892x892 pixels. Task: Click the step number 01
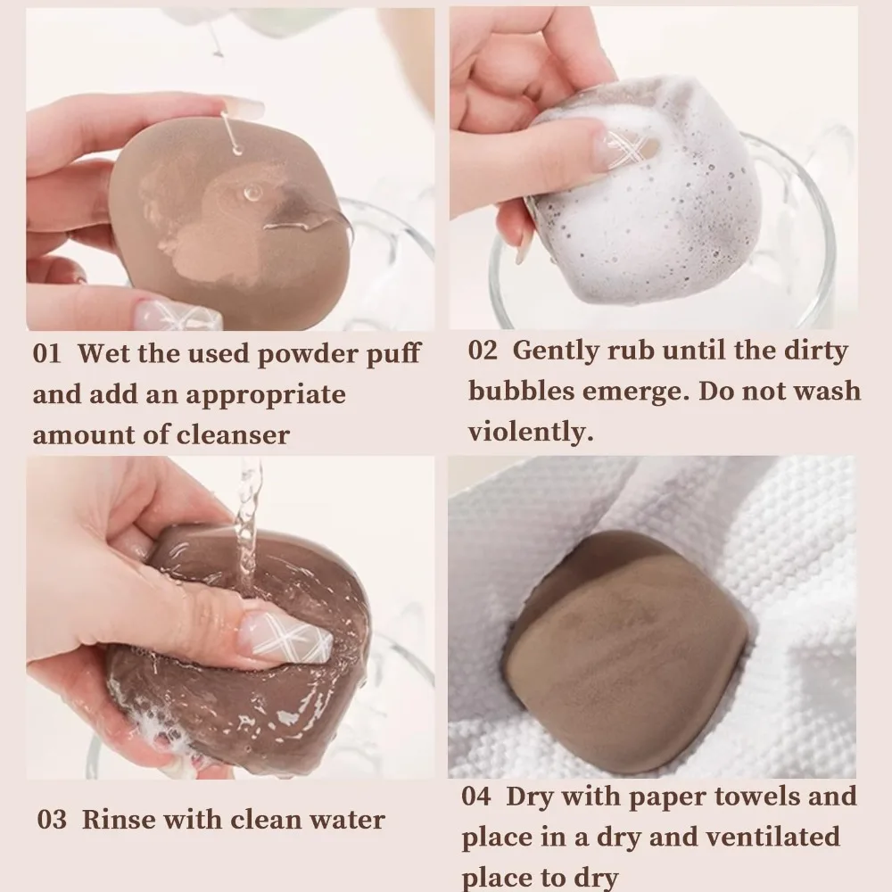(46, 353)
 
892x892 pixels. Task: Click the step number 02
(483, 350)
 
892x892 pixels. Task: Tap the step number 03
(52, 820)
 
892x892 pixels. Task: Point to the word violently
(531, 432)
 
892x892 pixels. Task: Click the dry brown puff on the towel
(624, 651)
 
